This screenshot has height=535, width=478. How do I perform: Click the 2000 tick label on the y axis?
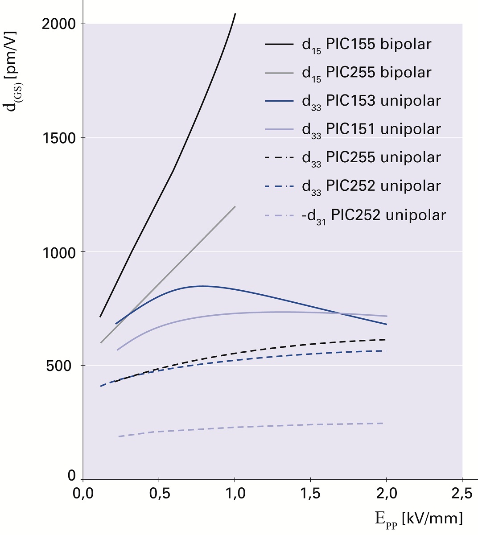coord(58,24)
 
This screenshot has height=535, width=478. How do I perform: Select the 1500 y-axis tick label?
coord(58,138)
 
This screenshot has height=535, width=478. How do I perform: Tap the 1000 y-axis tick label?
coord(58,252)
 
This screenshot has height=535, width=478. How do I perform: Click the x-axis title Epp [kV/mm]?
coord(418,519)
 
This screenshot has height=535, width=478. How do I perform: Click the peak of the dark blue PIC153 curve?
coord(202,286)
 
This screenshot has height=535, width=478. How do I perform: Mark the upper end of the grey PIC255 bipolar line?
coord(235,206)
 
